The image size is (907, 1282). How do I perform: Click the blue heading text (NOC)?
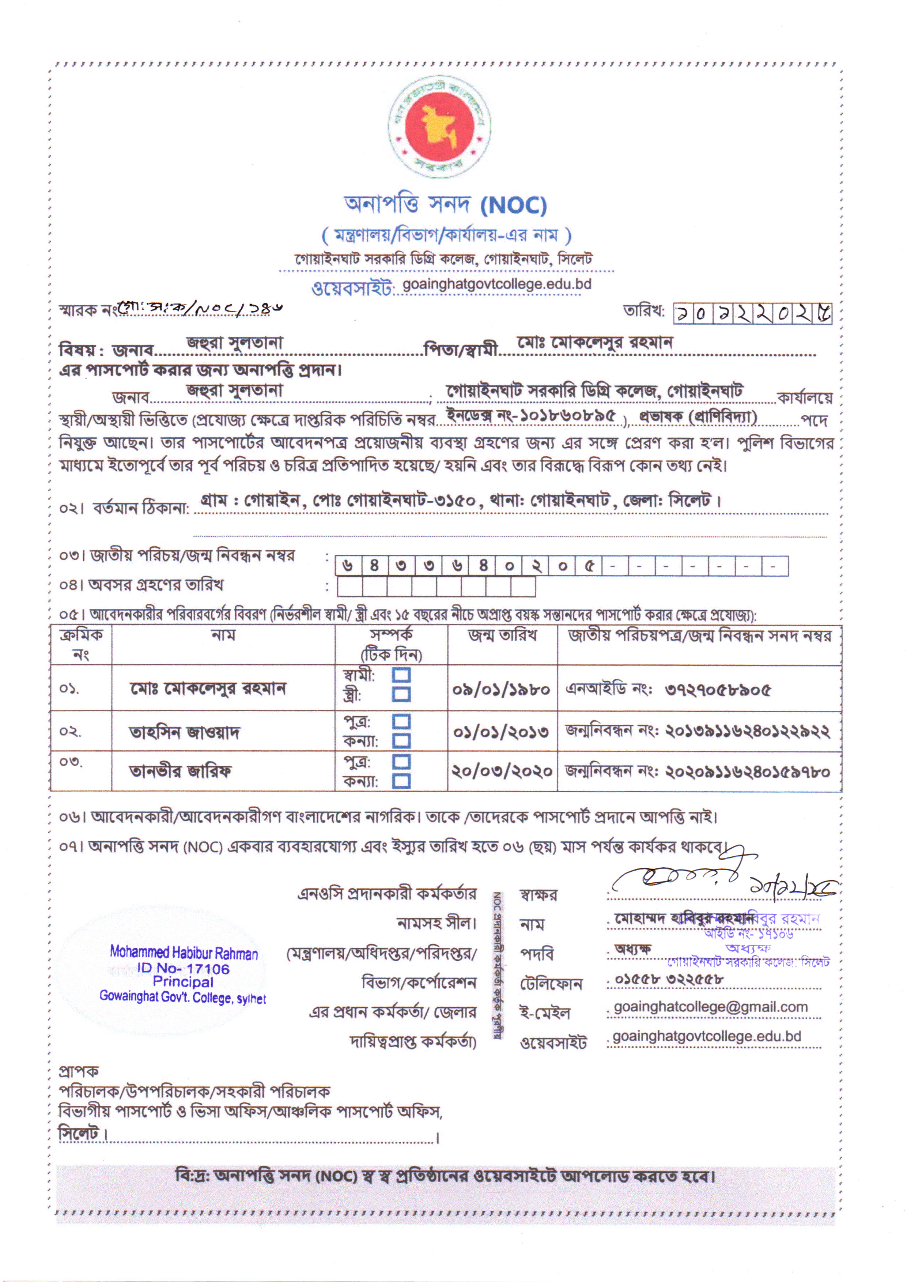(513, 206)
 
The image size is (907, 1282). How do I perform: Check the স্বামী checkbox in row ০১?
(401, 675)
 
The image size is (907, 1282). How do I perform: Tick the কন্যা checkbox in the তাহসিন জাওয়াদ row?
(401, 741)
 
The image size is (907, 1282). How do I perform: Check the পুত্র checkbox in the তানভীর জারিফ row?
(401, 762)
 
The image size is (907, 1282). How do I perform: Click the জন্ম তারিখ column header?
(502, 635)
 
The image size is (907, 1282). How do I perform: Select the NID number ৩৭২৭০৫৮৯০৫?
(717, 690)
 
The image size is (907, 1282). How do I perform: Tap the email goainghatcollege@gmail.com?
(710, 1007)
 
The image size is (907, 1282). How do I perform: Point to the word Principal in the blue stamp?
(183, 981)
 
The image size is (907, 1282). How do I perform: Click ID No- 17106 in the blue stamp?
(183, 968)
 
